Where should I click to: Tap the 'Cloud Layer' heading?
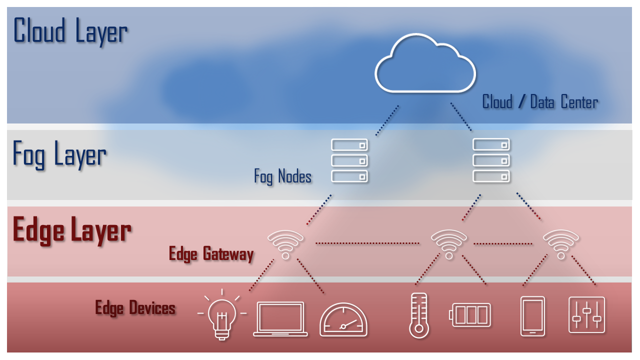(x=70, y=31)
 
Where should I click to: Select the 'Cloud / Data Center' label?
(x=540, y=102)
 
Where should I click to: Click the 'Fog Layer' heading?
(x=59, y=154)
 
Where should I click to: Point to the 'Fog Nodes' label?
(x=283, y=176)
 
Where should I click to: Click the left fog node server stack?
(x=349, y=160)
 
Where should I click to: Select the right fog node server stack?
(x=491, y=160)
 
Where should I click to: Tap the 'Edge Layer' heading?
(x=72, y=230)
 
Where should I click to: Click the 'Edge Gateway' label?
(x=211, y=254)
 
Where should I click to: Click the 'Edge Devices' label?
(x=135, y=307)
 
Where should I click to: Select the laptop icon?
(x=280, y=318)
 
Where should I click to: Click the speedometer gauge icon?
(x=343, y=319)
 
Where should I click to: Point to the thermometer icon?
(x=418, y=315)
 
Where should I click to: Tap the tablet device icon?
(x=532, y=316)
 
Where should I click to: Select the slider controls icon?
(x=587, y=315)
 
